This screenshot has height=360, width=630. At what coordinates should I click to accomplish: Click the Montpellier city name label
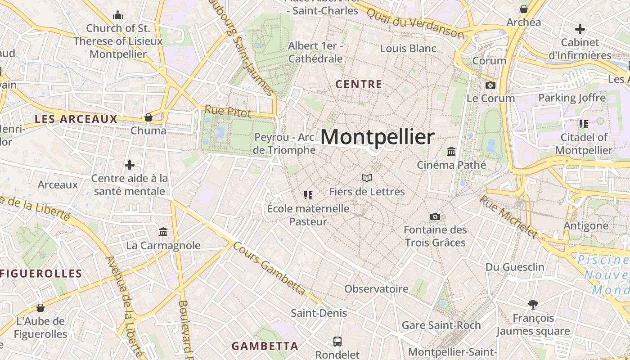coord(378,137)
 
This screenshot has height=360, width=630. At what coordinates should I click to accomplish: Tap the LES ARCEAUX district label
coord(76,119)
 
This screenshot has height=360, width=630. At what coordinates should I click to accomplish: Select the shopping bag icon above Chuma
coord(148,118)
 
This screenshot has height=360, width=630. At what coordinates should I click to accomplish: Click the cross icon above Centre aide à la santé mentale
coord(130,165)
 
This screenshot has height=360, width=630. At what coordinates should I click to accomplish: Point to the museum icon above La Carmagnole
coord(163,232)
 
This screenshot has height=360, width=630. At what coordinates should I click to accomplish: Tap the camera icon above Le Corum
coord(490,85)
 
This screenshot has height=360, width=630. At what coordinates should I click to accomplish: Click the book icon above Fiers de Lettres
coord(367,178)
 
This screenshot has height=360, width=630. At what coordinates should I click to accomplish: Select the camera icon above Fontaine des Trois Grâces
coord(435,217)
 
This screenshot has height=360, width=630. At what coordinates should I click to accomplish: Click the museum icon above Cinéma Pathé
coord(451,151)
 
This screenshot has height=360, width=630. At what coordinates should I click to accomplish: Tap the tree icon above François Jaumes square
coord(533,305)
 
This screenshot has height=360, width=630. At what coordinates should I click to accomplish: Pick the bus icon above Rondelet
coord(337,342)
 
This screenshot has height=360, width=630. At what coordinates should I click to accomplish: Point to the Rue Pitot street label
coord(228,111)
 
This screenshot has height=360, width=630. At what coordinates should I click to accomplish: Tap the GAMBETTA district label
coord(265,346)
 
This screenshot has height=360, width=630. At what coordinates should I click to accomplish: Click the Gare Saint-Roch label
coord(441,325)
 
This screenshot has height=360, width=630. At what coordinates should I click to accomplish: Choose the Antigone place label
coord(586,225)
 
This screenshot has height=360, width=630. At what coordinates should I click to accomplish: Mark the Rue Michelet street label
coord(508,216)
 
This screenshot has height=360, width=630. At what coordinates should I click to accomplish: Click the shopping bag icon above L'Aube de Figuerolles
coord(40,308)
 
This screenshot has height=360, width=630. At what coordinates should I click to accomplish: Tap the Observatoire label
coord(376,289)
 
